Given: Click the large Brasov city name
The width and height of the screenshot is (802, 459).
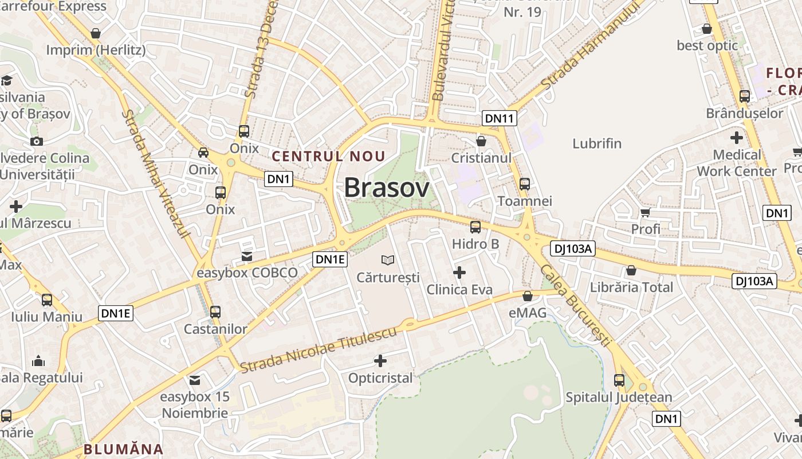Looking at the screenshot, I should point(387,188).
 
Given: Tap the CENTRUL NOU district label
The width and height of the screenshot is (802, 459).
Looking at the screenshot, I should point(328,156).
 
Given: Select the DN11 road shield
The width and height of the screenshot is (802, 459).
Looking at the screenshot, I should point(500,118).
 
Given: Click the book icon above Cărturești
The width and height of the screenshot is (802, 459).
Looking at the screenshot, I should point(388,260).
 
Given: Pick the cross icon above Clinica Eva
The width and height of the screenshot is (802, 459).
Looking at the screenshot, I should point(459,273).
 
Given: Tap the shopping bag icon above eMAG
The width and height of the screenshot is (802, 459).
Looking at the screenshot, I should point(528,296).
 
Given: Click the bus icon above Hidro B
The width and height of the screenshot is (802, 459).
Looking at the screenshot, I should point(475,227).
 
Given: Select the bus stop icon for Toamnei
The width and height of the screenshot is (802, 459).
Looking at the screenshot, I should point(525,184).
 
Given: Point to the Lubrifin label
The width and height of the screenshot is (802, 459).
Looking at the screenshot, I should point(597,143).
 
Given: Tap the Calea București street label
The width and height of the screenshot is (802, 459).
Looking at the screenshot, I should point(575,306).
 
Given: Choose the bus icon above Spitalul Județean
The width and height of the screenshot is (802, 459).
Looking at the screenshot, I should point(619,380).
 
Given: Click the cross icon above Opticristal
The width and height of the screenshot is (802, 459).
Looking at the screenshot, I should point(380,361).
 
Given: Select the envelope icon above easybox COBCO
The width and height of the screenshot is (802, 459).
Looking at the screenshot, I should point(247,256).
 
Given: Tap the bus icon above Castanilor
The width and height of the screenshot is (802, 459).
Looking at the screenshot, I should point(215,312).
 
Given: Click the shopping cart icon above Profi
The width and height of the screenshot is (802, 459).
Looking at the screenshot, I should point(646,213).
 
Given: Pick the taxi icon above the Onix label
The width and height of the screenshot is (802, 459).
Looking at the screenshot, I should point(203,153).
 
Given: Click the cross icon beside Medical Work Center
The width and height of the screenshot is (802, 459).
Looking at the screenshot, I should point(737,138).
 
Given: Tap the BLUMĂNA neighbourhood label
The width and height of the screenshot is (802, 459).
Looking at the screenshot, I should point(124,449).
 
